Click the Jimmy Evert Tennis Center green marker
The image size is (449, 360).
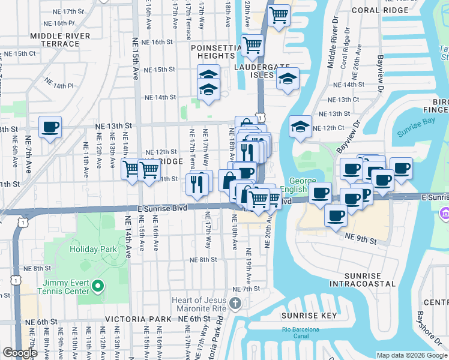(100, 286)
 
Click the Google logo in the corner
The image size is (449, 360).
(20, 352)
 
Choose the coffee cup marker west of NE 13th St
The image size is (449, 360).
(50, 127)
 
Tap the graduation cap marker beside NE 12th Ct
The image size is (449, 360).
(300, 127)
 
